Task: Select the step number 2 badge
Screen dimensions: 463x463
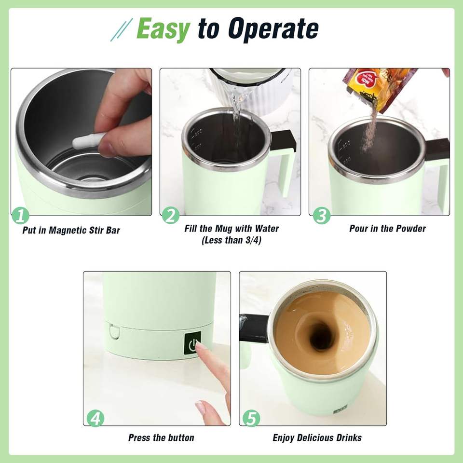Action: click(171, 215)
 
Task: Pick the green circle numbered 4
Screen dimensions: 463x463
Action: click(95, 418)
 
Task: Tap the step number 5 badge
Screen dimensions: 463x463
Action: click(251, 418)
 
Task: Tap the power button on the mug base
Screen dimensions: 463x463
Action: click(192, 343)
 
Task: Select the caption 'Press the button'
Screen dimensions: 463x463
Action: click(161, 437)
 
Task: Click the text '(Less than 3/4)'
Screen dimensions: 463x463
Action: click(231, 240)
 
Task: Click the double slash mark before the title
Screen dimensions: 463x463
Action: click(122, 29)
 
